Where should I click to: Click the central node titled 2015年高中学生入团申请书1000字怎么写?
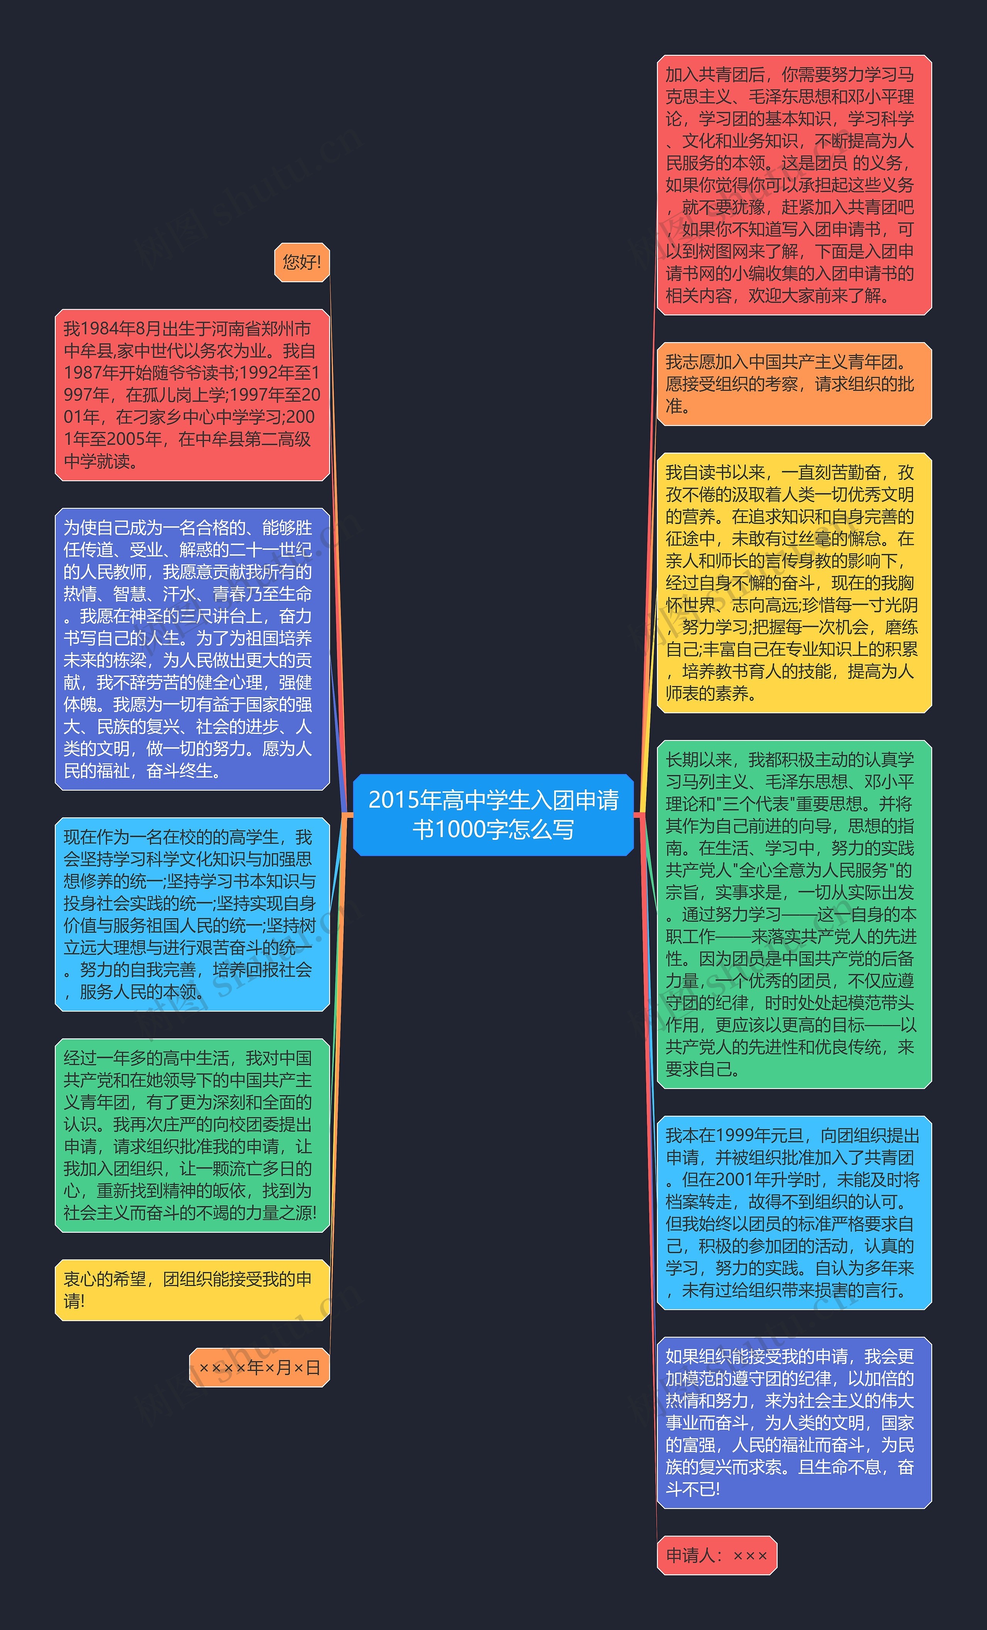point(493,814)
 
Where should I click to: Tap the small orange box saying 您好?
point(301,262)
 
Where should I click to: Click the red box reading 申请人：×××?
point(716,1555)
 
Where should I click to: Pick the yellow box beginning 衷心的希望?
point(192,1290)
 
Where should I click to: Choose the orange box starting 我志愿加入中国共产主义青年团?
point(794,384)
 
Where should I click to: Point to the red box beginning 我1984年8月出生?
point(192,395)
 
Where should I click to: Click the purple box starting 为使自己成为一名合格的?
point(192,649)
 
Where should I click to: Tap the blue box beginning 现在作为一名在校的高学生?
point(192,914)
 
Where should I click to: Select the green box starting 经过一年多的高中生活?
point(192,1135)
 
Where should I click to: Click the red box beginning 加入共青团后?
point(794,185)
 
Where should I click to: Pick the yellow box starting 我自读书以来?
point(794,583)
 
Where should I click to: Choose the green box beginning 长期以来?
point(794,914)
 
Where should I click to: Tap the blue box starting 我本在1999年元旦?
point(794,1213)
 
